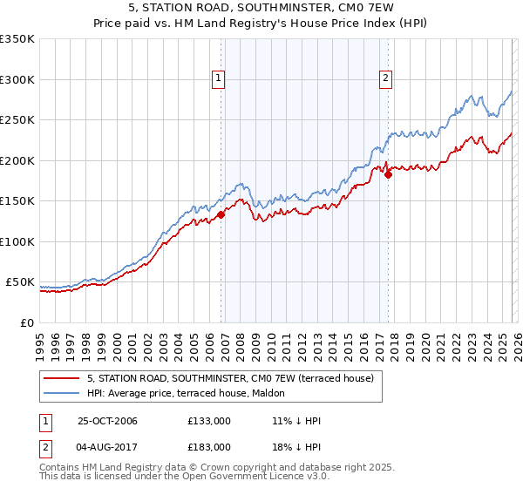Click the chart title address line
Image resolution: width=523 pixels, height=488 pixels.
point(261,9)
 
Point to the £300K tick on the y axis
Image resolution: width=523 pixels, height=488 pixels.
point(17,79)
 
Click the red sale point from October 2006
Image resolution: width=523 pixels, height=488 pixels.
point(221,214)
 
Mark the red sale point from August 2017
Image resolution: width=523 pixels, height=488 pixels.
point(388,174)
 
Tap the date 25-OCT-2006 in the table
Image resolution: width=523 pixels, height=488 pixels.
point(108,421)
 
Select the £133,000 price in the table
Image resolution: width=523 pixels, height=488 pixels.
point(209,421)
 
